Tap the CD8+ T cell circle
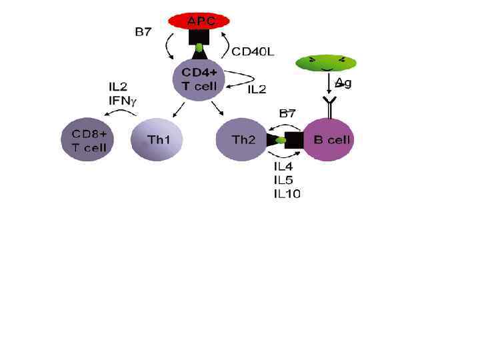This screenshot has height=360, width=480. (85, 139)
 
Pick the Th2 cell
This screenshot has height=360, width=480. (241, 140)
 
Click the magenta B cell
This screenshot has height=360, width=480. (328, 140)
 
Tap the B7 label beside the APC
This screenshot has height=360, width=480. (143, 32)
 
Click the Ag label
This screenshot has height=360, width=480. (343, 83)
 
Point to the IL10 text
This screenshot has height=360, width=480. (287, 194)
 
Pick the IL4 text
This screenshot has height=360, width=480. (285, 166)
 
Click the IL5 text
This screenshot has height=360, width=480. (285, 180)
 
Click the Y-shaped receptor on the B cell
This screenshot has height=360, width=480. (329, 105)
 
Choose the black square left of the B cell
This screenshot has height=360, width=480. (294, 140)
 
